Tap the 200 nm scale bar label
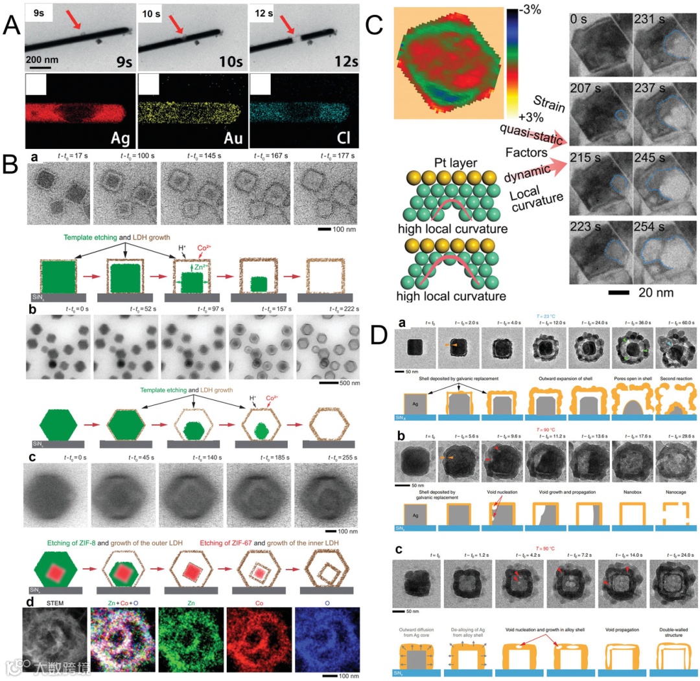[x=42, y=60]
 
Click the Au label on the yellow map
[x=231, y=137]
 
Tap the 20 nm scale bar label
[x=657, y=293]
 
